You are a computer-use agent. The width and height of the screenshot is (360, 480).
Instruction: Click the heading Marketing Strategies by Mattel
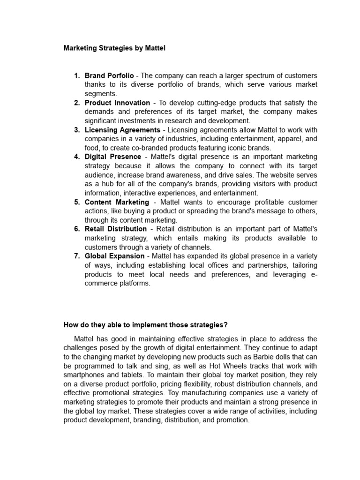114,48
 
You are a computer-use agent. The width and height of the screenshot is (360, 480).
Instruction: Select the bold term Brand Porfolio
109,75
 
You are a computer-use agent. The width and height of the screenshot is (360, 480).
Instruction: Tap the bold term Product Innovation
117,103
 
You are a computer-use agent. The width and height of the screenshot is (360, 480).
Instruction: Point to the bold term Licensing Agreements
122,130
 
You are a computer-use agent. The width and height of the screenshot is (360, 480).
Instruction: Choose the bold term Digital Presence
112,157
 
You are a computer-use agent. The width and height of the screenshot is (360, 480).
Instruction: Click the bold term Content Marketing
117,202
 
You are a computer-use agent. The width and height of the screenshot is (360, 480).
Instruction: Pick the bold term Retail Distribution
115,229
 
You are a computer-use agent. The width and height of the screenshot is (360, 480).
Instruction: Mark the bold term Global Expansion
114,256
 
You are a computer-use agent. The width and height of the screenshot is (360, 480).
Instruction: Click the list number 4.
77,157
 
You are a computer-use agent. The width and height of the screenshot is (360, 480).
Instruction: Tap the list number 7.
77,256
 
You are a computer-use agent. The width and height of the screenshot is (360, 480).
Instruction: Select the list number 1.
77,75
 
